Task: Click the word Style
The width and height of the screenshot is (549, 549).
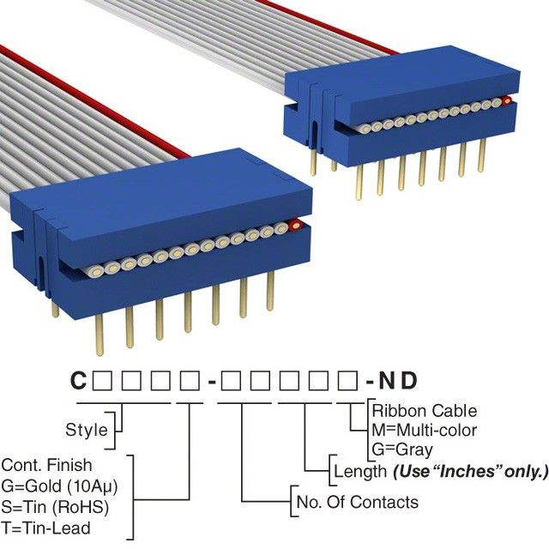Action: point(87,429)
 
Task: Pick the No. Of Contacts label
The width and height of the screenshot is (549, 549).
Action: point(357,502)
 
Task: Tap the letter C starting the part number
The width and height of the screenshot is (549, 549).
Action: point(78,379)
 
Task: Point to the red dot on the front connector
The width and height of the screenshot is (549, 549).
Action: point(296,226)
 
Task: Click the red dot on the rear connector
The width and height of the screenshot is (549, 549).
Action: point(507,101)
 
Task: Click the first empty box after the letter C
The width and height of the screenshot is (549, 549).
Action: point(100,379)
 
